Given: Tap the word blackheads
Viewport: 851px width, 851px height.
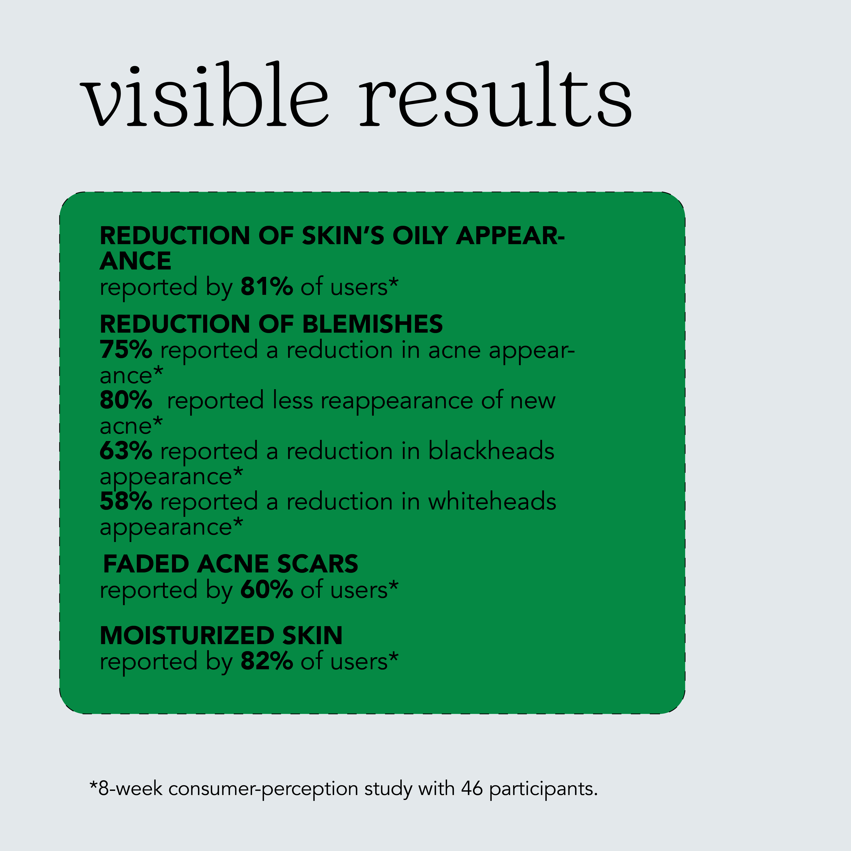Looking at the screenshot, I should (491, 451).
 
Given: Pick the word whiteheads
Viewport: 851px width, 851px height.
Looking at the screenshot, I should (492, 501).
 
